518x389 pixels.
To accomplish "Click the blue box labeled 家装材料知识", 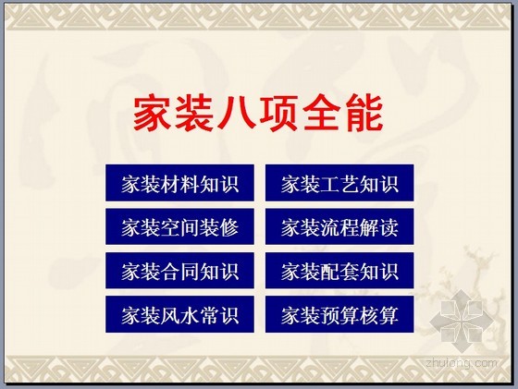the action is [179, 183].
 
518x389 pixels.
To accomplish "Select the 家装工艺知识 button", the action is [339, 183].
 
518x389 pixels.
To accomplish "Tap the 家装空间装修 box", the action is [179, 226].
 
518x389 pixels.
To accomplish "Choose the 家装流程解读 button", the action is [339, 226].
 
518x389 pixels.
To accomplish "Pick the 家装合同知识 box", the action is [179, 271].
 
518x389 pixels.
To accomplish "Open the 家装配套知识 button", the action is [339, 271].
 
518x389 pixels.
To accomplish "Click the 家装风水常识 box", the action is [179, 314].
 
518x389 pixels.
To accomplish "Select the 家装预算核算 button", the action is [339, 314].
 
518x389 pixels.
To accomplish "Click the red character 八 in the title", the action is [237, 113].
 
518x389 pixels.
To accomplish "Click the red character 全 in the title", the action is [322, 113].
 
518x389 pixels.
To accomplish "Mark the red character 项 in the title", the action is [278, 113].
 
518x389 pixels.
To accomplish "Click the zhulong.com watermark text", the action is [462, 363].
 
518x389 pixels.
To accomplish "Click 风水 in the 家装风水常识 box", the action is [179, 315].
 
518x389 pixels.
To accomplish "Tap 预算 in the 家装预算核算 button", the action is [339, 315].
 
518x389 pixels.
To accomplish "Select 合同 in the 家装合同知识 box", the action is [179, 271].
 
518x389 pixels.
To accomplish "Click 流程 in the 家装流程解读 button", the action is [339, 227].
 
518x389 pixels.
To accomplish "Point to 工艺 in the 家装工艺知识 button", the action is [339, 184].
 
